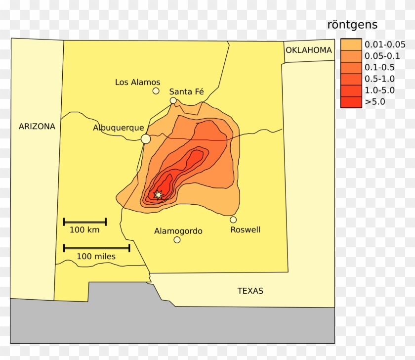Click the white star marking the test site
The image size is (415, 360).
pos(158,195)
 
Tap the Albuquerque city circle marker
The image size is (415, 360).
pos(146,139)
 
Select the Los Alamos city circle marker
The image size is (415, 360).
pos(156,91)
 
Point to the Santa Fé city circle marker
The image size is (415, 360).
pos(173,100)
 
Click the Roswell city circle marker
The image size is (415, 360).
pos(233,220)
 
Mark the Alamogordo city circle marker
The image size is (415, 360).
pos(177,240)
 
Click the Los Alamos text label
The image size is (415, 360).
pos(137,82)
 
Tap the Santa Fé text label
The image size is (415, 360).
pos(186,91)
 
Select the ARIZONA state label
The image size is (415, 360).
pos(37,127)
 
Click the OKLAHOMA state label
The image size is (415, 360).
pos(309,50)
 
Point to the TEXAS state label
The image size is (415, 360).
pos(250,291)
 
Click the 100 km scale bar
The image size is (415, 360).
pos(84,222)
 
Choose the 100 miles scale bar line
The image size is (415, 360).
pos(96,248)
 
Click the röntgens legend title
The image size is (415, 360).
pos(352,25)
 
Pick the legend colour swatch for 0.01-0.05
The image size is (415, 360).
pos(351,44)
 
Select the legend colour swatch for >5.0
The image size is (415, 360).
pos(351,102)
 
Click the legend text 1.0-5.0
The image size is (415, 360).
pos(379,90)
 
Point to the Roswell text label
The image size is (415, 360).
pos(246,230)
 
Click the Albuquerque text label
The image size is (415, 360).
pos(119,128)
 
